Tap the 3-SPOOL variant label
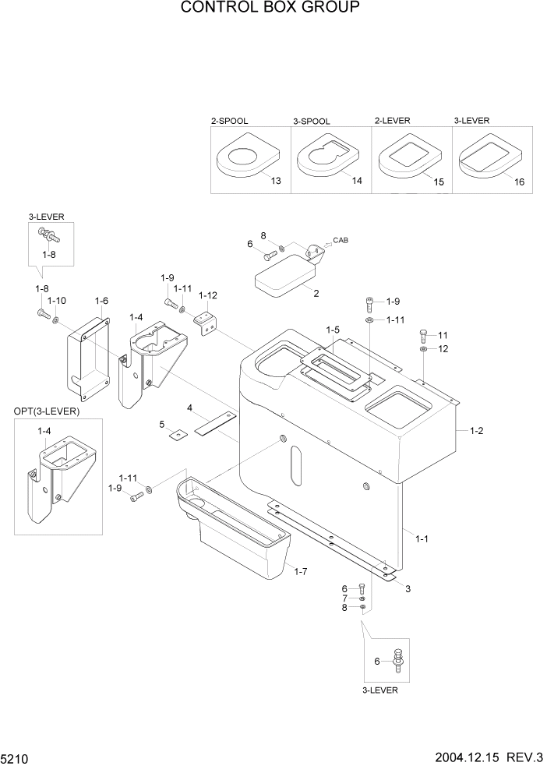click(x=312, y=122)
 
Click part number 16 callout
click(x=519, y=182)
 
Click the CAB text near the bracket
click(x=340, y=240)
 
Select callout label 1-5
click(x=333, y=330)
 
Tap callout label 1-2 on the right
click(x=476, y=430)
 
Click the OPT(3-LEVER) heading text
click(x=47, y=411)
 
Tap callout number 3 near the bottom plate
click(x=408, y=589)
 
